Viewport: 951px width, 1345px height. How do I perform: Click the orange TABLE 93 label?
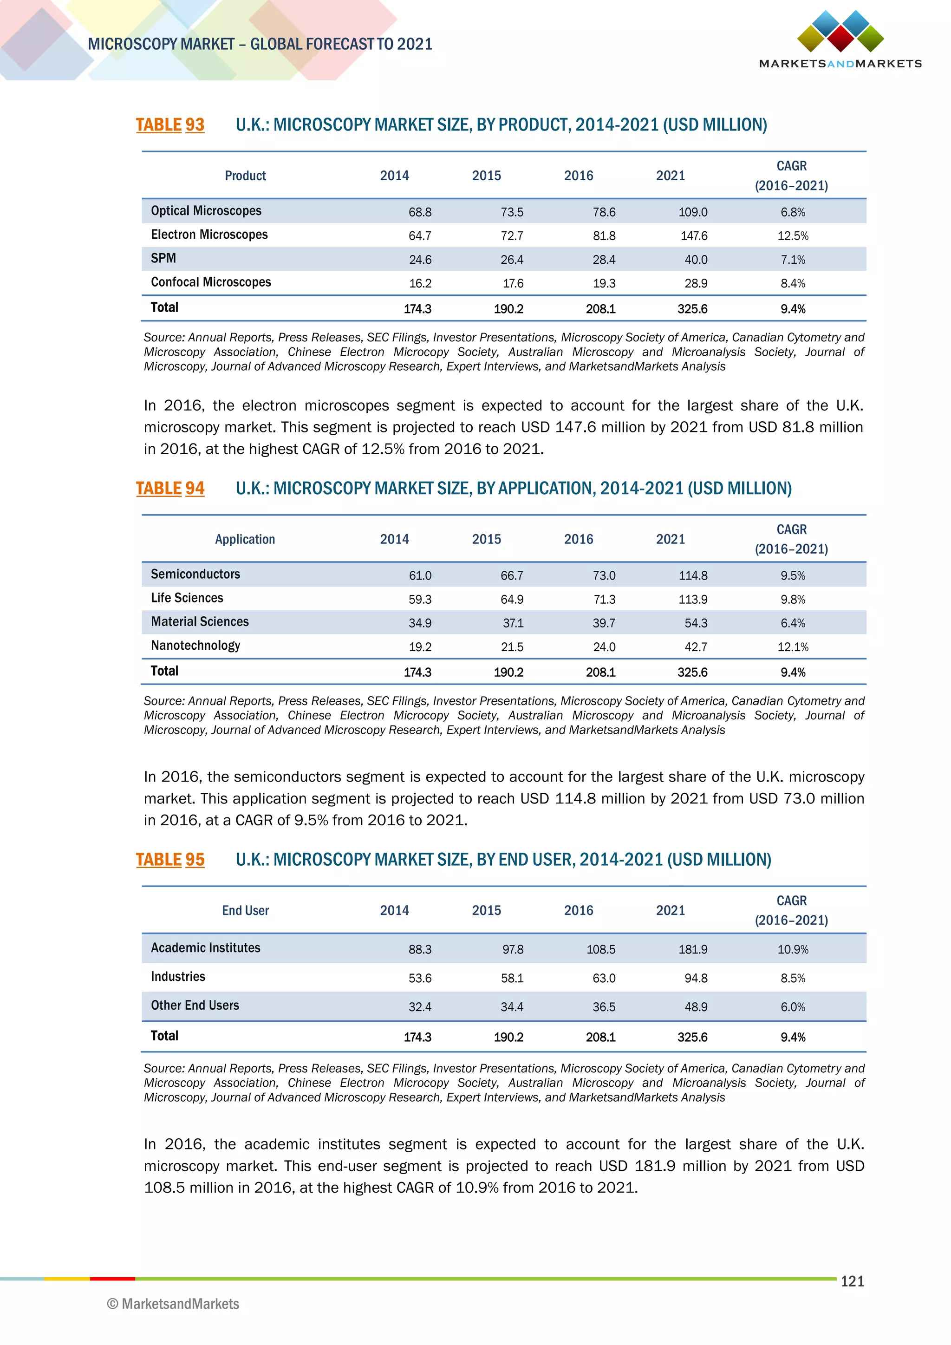click(170, 125)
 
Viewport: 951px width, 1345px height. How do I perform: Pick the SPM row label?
click(163, 258)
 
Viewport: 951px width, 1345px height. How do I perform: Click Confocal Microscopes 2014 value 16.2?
click(420, 283)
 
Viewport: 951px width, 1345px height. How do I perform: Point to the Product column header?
click(245, 176)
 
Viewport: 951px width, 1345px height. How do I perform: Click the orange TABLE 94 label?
click(170, 489)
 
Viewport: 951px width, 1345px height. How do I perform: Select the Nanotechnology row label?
click(195, 646)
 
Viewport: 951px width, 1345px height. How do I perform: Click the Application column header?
click(245, 540)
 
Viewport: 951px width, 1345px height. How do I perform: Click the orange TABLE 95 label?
click(170, 860)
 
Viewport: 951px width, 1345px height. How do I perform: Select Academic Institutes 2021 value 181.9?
click(693, 950)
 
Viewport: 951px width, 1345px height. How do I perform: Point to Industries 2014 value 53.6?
click(420, 978)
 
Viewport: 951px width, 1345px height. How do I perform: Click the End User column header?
click(245, 911)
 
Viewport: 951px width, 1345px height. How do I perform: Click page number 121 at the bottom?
click(852, 1282)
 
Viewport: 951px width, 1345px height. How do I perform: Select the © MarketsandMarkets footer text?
click(173, 1304)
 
